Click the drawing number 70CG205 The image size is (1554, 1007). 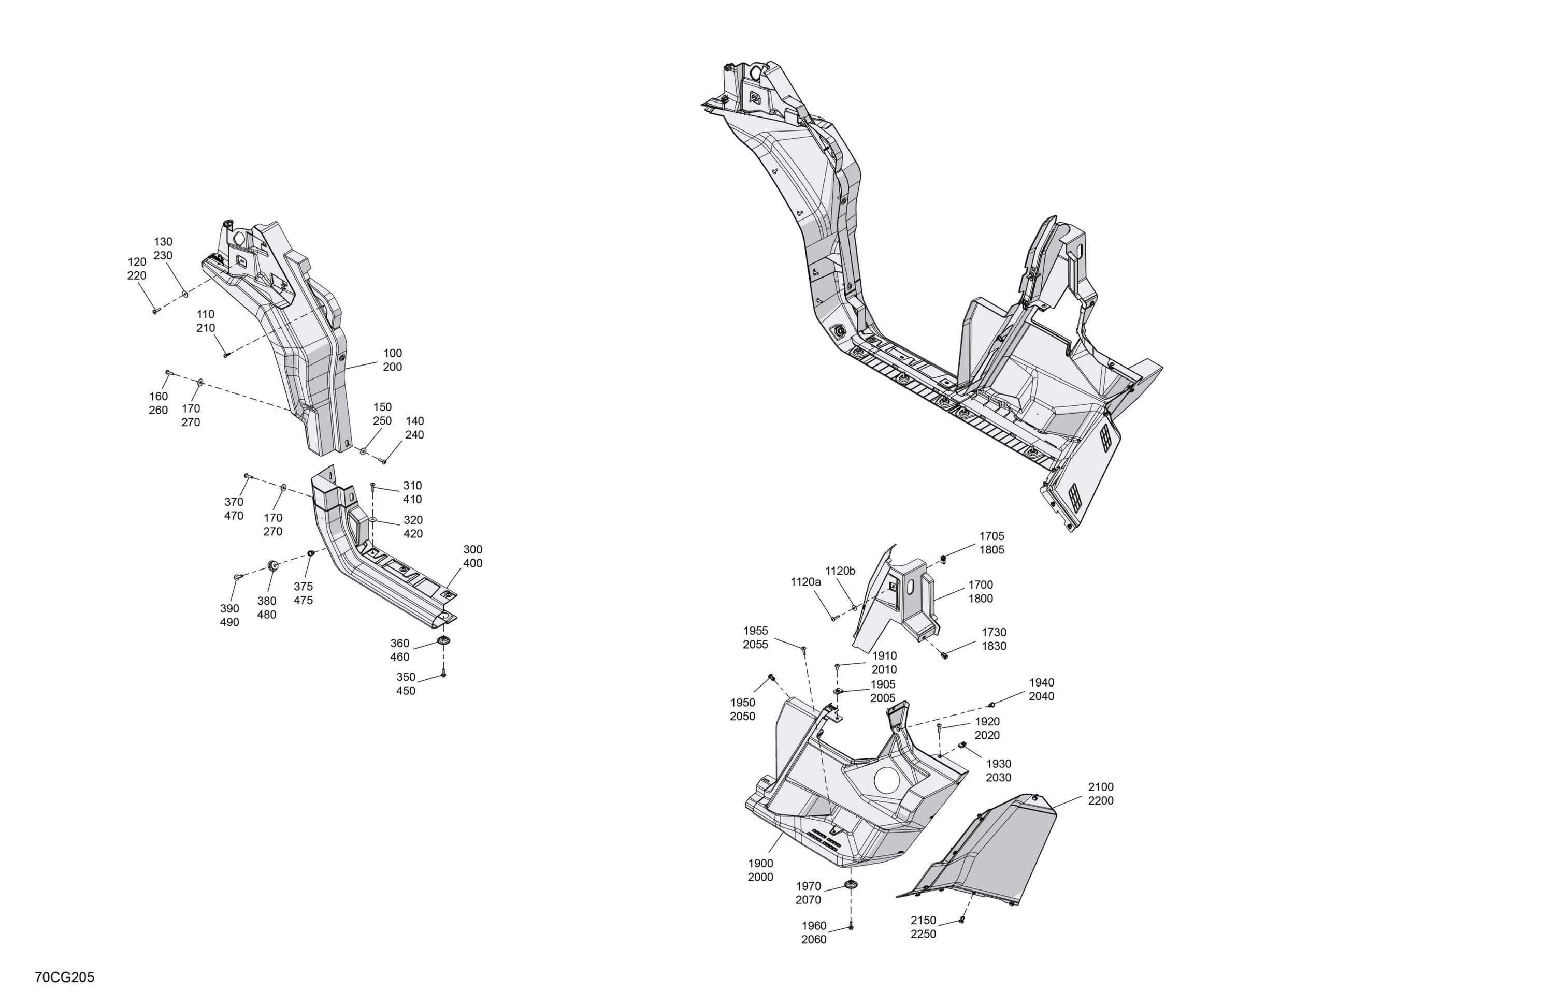pyautogui.click(x=65, y=977)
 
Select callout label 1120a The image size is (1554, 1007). pyautogui.click(x=805, y=581)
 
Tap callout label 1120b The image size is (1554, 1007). pyautogui.click(x=840, y=571)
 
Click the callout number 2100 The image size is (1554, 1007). pyautogui.click(x=1101, y=787)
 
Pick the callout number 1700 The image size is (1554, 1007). pyautogui.click(x=981, y=585)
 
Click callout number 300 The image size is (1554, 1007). pyautogui.click(x=473, y=549)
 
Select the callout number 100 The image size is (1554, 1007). pyautogui.click(x=393, y=353)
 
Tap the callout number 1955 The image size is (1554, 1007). pyautogui.click(x=755, y=631)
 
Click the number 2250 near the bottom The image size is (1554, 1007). pyautogui.click(x=923, y=934)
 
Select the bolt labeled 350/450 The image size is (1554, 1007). pyautogui.click(x=443, y=672)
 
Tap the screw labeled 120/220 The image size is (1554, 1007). pyautogui.click(x=155, y=311)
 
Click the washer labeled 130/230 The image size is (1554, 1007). pyautogui.click(x=185, y=294)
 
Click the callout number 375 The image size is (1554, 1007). pyautogui.click(x=303, y=587)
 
